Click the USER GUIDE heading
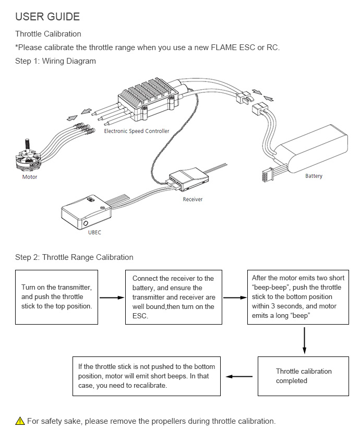pyautogui.click(x=47, y=17)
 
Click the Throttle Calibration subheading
pyautogui.click(x=48, y=34)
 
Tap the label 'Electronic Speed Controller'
pyautogui.click(x=137, y=131)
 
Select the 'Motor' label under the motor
pyautogui.click(x=30, y=177)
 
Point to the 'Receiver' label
pyautogui.click(x=193, y=199)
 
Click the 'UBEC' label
pyautogui.click(x=94, y=232)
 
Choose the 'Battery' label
pyautogui.click(x=314, y=176)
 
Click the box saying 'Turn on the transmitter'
pyautogui.click(x=57, y=297)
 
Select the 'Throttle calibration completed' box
pyautogui.click(x=303, y=376)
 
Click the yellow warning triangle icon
pyautogui.click(x=20, y=421)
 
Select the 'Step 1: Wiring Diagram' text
pyautogui.click(x=55, y=61)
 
